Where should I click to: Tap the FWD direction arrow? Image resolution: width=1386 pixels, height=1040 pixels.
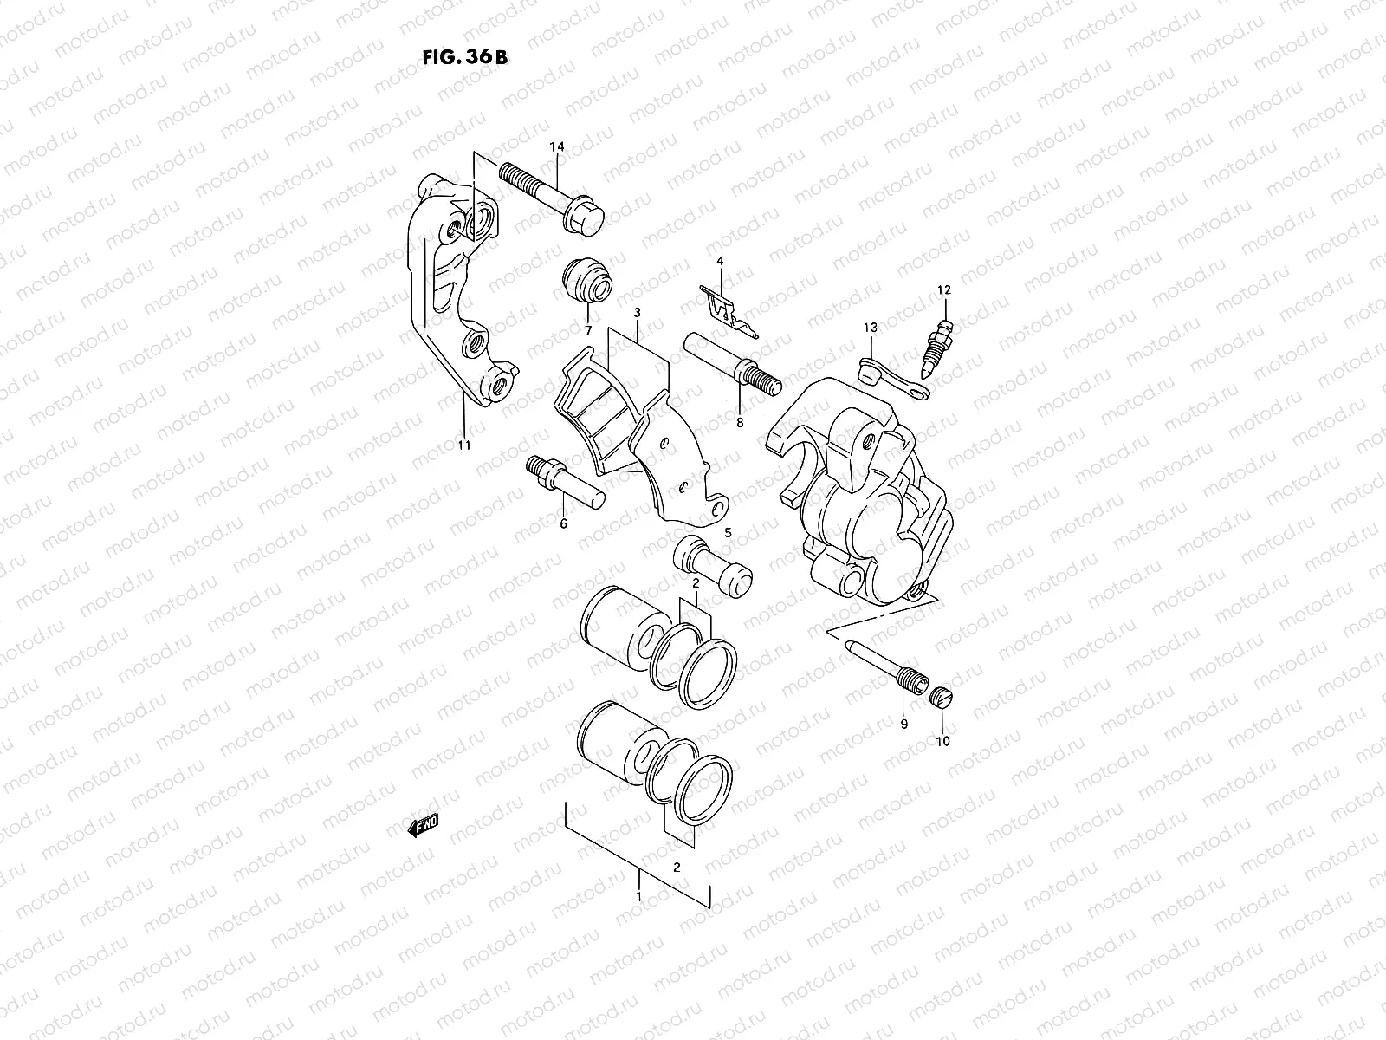(x=424, y=824)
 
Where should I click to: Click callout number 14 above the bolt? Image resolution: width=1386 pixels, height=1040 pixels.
(x=556, y=148)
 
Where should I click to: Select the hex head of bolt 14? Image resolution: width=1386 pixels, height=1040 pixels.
(x=582, y=218)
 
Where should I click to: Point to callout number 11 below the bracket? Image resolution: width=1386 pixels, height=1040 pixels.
(x=464, y=445)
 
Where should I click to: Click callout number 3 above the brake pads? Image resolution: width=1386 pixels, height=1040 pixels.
(x=637, y=312)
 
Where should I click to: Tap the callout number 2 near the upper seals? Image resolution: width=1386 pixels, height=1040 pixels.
(x=695, y=585)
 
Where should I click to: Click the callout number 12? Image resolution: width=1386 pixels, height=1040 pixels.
(x=944, y=289)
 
